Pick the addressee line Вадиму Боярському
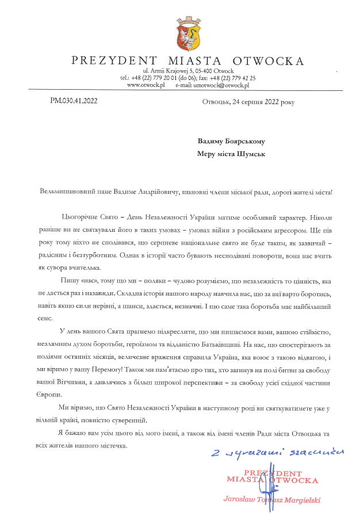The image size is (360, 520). pyautogui.click(x=232, y=141)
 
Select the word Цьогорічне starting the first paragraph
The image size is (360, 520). pyautogui.click(x=79, y=216)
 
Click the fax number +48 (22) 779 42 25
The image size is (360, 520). pyautogui.click(x=236, y=78)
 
